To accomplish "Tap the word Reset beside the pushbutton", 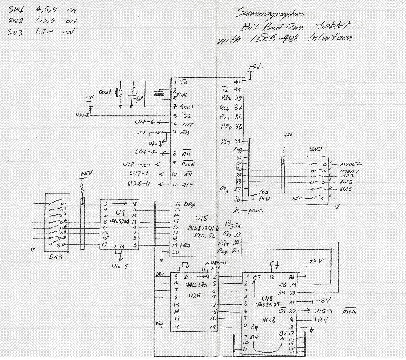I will click(x=105, y=92).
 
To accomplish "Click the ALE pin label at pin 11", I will click(x=187, y=184).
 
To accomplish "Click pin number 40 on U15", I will click(x=237, y=82).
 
